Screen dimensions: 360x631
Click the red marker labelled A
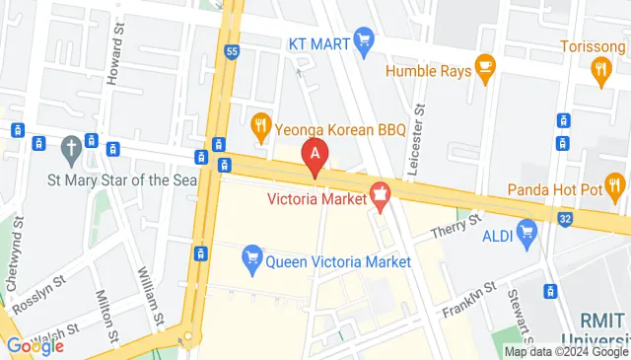tap(315, 155)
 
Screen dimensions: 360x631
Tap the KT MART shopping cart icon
tap(364, 41)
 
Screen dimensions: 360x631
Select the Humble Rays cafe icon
tap(483, 66)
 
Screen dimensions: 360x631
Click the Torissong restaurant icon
tap(601, 67)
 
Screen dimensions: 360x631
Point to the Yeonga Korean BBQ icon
tap(261, 124)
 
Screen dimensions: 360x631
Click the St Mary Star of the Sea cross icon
tap(70, 150)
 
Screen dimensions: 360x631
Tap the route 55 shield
tap(232, 51)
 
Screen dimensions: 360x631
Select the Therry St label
tap(458, 226)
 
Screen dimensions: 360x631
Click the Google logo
tap(35, 345)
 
